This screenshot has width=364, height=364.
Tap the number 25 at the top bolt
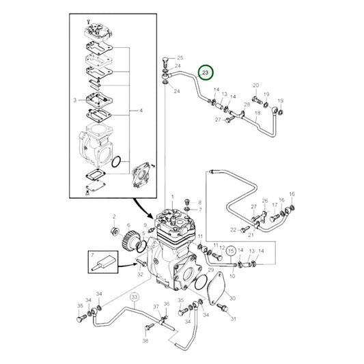coord(180,58)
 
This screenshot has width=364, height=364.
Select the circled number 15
coord(231,251)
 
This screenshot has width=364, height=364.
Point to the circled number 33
coord(135,297)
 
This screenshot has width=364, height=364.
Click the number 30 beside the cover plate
coord(232,298)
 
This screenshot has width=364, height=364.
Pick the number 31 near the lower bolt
coord(232,318)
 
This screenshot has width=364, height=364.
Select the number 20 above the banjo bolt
coord(255,85)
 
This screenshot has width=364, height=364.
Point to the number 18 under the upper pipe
coord(259,113)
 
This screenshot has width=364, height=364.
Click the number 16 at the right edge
coord(292,195)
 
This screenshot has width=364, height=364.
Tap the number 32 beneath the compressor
coord(140,275)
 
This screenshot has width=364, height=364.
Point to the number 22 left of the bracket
coord(232,229)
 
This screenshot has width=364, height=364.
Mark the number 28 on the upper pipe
coord(247,104)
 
